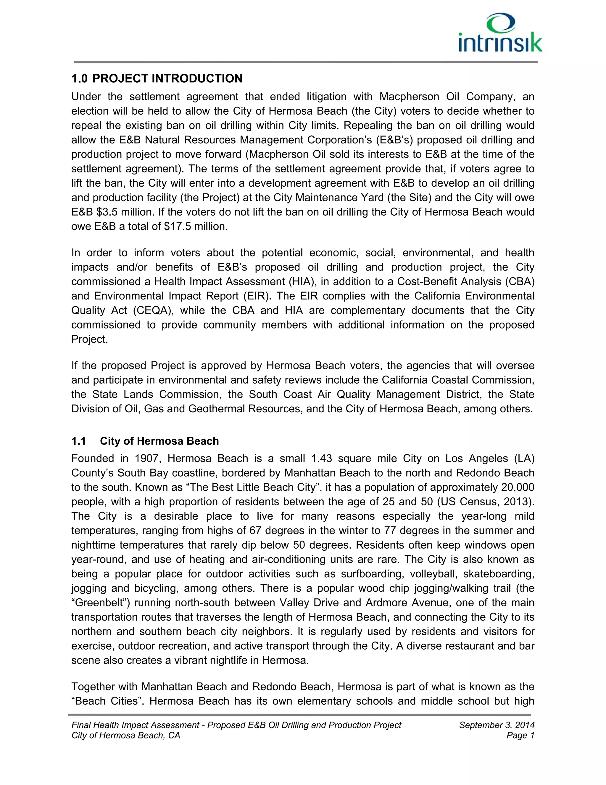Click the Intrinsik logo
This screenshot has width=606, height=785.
500,33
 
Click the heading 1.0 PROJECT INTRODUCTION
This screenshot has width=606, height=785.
157,78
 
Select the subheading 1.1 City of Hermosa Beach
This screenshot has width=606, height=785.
145,441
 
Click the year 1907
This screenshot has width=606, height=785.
147,458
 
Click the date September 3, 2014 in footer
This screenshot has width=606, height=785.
497,725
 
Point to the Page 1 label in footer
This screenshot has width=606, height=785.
520,736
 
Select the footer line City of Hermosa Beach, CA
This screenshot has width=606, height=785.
126,736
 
